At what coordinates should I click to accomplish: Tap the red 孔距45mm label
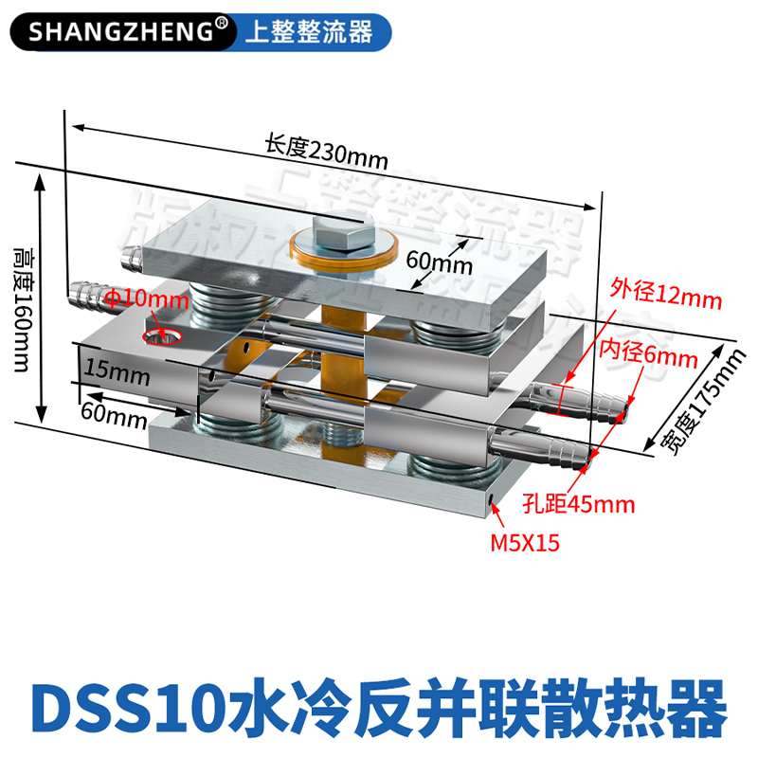pos(578,503)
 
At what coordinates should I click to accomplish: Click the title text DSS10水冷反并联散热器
pos(379,705)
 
